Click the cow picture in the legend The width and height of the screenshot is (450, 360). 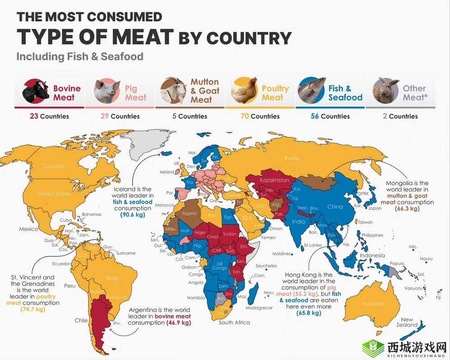pyautogui.click(x=36, y=91)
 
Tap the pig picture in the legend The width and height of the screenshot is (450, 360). pyautogui.click(x=107, y=91)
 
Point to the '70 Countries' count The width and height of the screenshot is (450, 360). pyautogui.click(x=259, y=116)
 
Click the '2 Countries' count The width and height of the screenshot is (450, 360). pyautogui.click(x=400, y=116)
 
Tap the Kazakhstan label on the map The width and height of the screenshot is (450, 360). pyautogui.click(x=274, y=180)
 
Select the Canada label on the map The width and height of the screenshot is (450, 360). pyautogui.click(x=54, y=166)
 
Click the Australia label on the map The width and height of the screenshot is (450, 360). pyautogui.click(x=373, y=304)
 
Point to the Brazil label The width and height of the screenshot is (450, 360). pyautogui.click(x=112, y=278)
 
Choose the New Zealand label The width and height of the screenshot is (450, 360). pyautogui.click(x=407, y=322)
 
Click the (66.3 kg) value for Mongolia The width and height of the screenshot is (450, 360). pyautogui.click(x=410, y=209)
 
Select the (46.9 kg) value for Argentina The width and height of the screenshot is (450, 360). pyautogui.click(x=179, y=323)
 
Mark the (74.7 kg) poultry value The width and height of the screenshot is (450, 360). pyautogui.click(x=34, y=310)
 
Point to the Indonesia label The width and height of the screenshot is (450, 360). pyautogui.click(x=372, y=255)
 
